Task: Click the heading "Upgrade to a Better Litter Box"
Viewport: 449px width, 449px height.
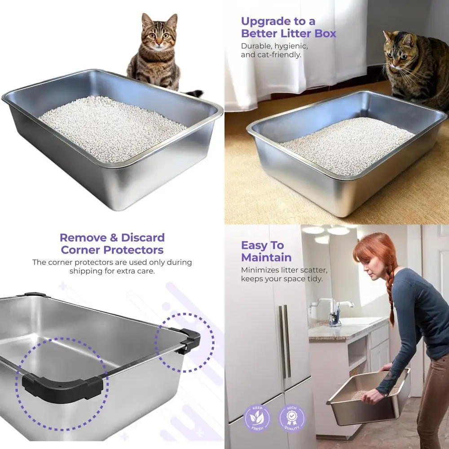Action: [x=288, y=27]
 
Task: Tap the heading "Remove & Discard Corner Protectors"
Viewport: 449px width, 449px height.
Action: [x=112, y=243]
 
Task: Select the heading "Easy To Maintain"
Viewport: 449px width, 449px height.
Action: [x=266, y=251]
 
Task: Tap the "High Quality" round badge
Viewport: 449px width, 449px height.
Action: [x=292, y=418]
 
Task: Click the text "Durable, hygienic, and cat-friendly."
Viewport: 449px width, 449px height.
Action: [x=274, y=50]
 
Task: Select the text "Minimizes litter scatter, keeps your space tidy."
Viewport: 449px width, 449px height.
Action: [x=284, y=274]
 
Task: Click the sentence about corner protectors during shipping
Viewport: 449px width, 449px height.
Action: [x=112, y=267]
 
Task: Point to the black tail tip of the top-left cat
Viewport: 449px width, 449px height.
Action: [x=196, y=93]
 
